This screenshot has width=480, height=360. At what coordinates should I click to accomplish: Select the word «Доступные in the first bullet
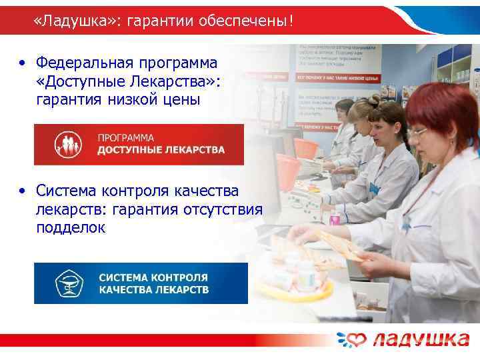coord(81,82)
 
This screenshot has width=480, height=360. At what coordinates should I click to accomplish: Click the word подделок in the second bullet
coord(71,227)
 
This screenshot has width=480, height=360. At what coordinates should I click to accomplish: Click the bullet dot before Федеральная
coord(23,64)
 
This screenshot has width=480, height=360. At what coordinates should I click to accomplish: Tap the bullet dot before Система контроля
coord(23,192)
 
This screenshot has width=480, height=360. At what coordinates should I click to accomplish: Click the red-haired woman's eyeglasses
coord(418,132)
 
